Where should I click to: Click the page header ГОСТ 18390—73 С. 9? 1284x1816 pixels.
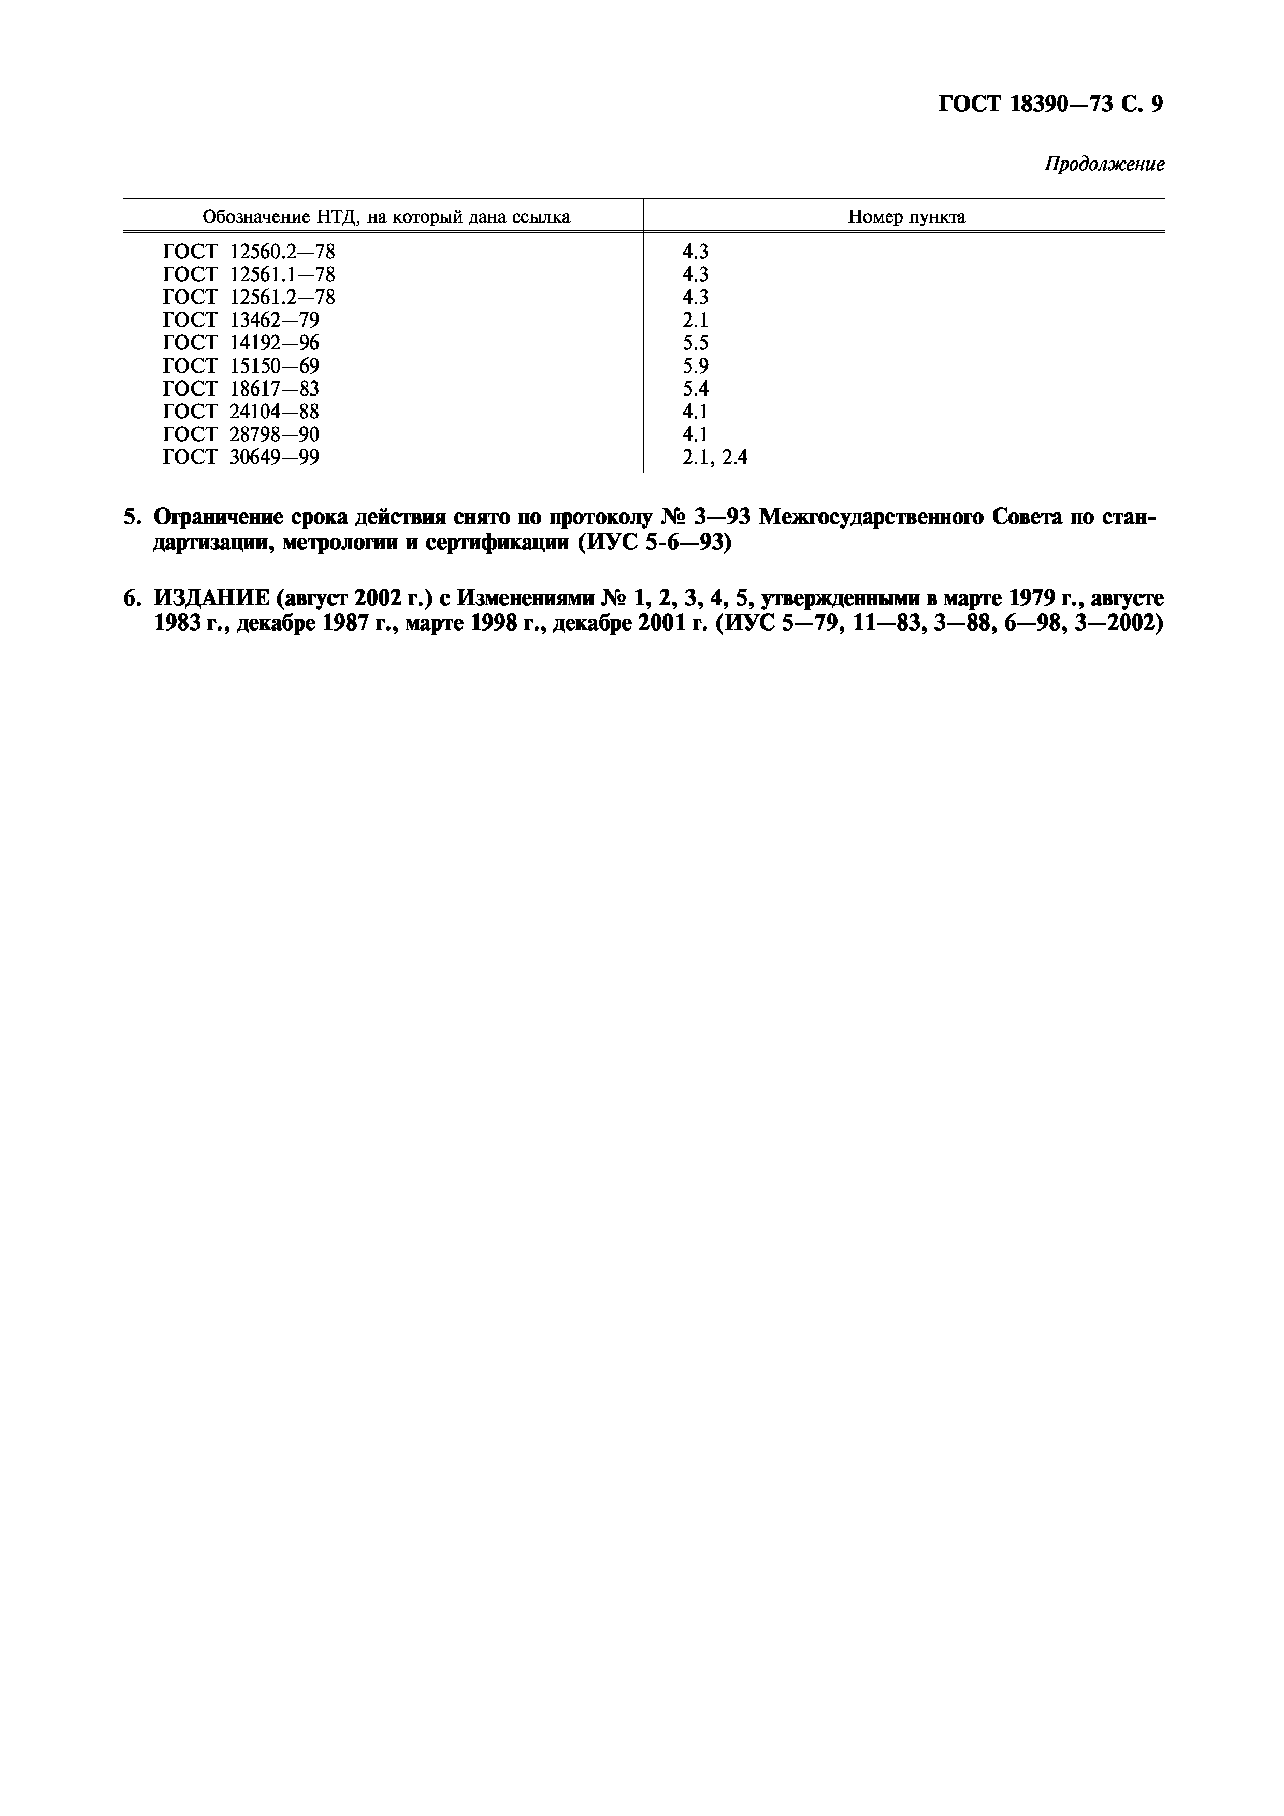tap(1050, 105)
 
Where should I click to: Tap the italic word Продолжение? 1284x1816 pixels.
tap(1104, 165)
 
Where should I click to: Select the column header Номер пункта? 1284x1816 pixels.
tap(906, 217)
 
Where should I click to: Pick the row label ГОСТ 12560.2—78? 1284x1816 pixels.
tap(249, 252)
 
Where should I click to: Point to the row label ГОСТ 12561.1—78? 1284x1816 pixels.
tap(249, 274)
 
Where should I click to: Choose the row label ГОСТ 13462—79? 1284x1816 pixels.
tap(240, 320)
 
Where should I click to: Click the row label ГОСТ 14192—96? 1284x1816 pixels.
tap(240, 343)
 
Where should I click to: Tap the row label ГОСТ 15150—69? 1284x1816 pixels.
tap(240, 366)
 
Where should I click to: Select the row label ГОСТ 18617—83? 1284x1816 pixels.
tap(240, 389)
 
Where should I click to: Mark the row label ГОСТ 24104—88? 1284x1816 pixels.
tap(240, 412)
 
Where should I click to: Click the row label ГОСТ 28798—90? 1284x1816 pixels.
tap(240, 435)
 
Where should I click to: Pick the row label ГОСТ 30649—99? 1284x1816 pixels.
tap(240, 458)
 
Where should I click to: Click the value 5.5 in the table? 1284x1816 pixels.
tap(696, 343)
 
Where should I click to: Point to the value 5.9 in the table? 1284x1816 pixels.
tap(696, 366)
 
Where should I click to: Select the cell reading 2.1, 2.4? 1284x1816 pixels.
tap(714, 458)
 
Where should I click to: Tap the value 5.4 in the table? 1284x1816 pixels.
tap(696, 389)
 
